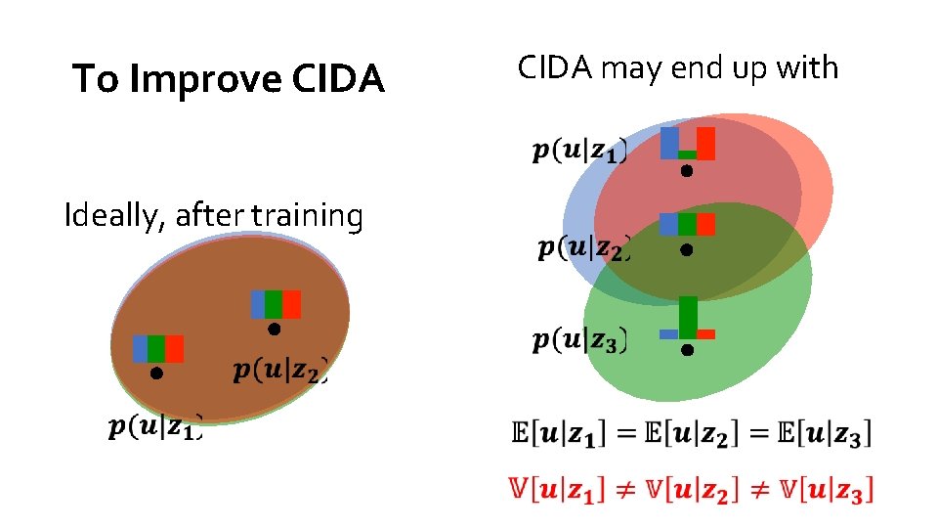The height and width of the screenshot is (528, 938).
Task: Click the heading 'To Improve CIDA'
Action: click(x=229, y=79)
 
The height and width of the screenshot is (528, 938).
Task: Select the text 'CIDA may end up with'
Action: click(x=677, y=67)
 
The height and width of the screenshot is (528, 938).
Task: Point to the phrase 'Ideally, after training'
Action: click(x=213, y=214)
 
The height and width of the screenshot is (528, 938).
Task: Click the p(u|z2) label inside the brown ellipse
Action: click(x=279, y=370)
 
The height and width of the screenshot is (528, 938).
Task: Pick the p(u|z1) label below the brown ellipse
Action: click(x=154, y=426)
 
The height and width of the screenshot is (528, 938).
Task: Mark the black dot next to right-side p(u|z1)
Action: click(x=687, y=171)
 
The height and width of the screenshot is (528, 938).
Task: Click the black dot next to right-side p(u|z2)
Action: click(x=687, y=251)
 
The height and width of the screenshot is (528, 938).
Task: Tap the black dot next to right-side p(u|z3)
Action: click(x=687, y=349)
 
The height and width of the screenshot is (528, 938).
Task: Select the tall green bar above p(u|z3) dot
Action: click(x=688, y=317)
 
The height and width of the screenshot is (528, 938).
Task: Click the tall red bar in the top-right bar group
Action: click(x=705, y=143)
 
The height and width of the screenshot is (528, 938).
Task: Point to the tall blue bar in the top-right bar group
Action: click(x=669, y=143)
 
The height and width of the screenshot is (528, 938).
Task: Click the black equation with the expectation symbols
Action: click(x=691, y=431)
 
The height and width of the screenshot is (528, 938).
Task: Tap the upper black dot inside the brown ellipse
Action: click(x=275, y=330)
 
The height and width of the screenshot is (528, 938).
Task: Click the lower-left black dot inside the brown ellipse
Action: click(x=156, y=373)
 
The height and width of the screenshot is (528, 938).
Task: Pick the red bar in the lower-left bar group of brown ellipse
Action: click(x=175, y=349)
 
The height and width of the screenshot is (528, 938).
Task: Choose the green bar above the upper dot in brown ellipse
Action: click(x=274, y=304)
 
